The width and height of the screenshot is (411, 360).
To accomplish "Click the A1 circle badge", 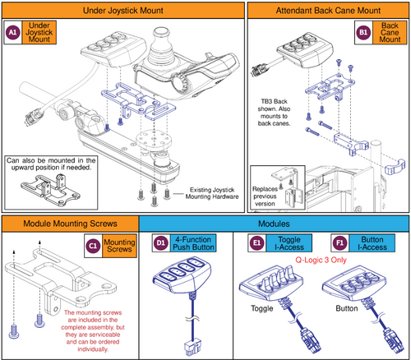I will tap(12, 33).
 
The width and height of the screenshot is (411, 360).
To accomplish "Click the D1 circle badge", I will tap(161, 243).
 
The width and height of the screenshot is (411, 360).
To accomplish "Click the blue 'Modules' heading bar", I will tap(275, 223).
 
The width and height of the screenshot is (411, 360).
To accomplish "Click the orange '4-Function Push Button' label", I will tap(196, 243).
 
